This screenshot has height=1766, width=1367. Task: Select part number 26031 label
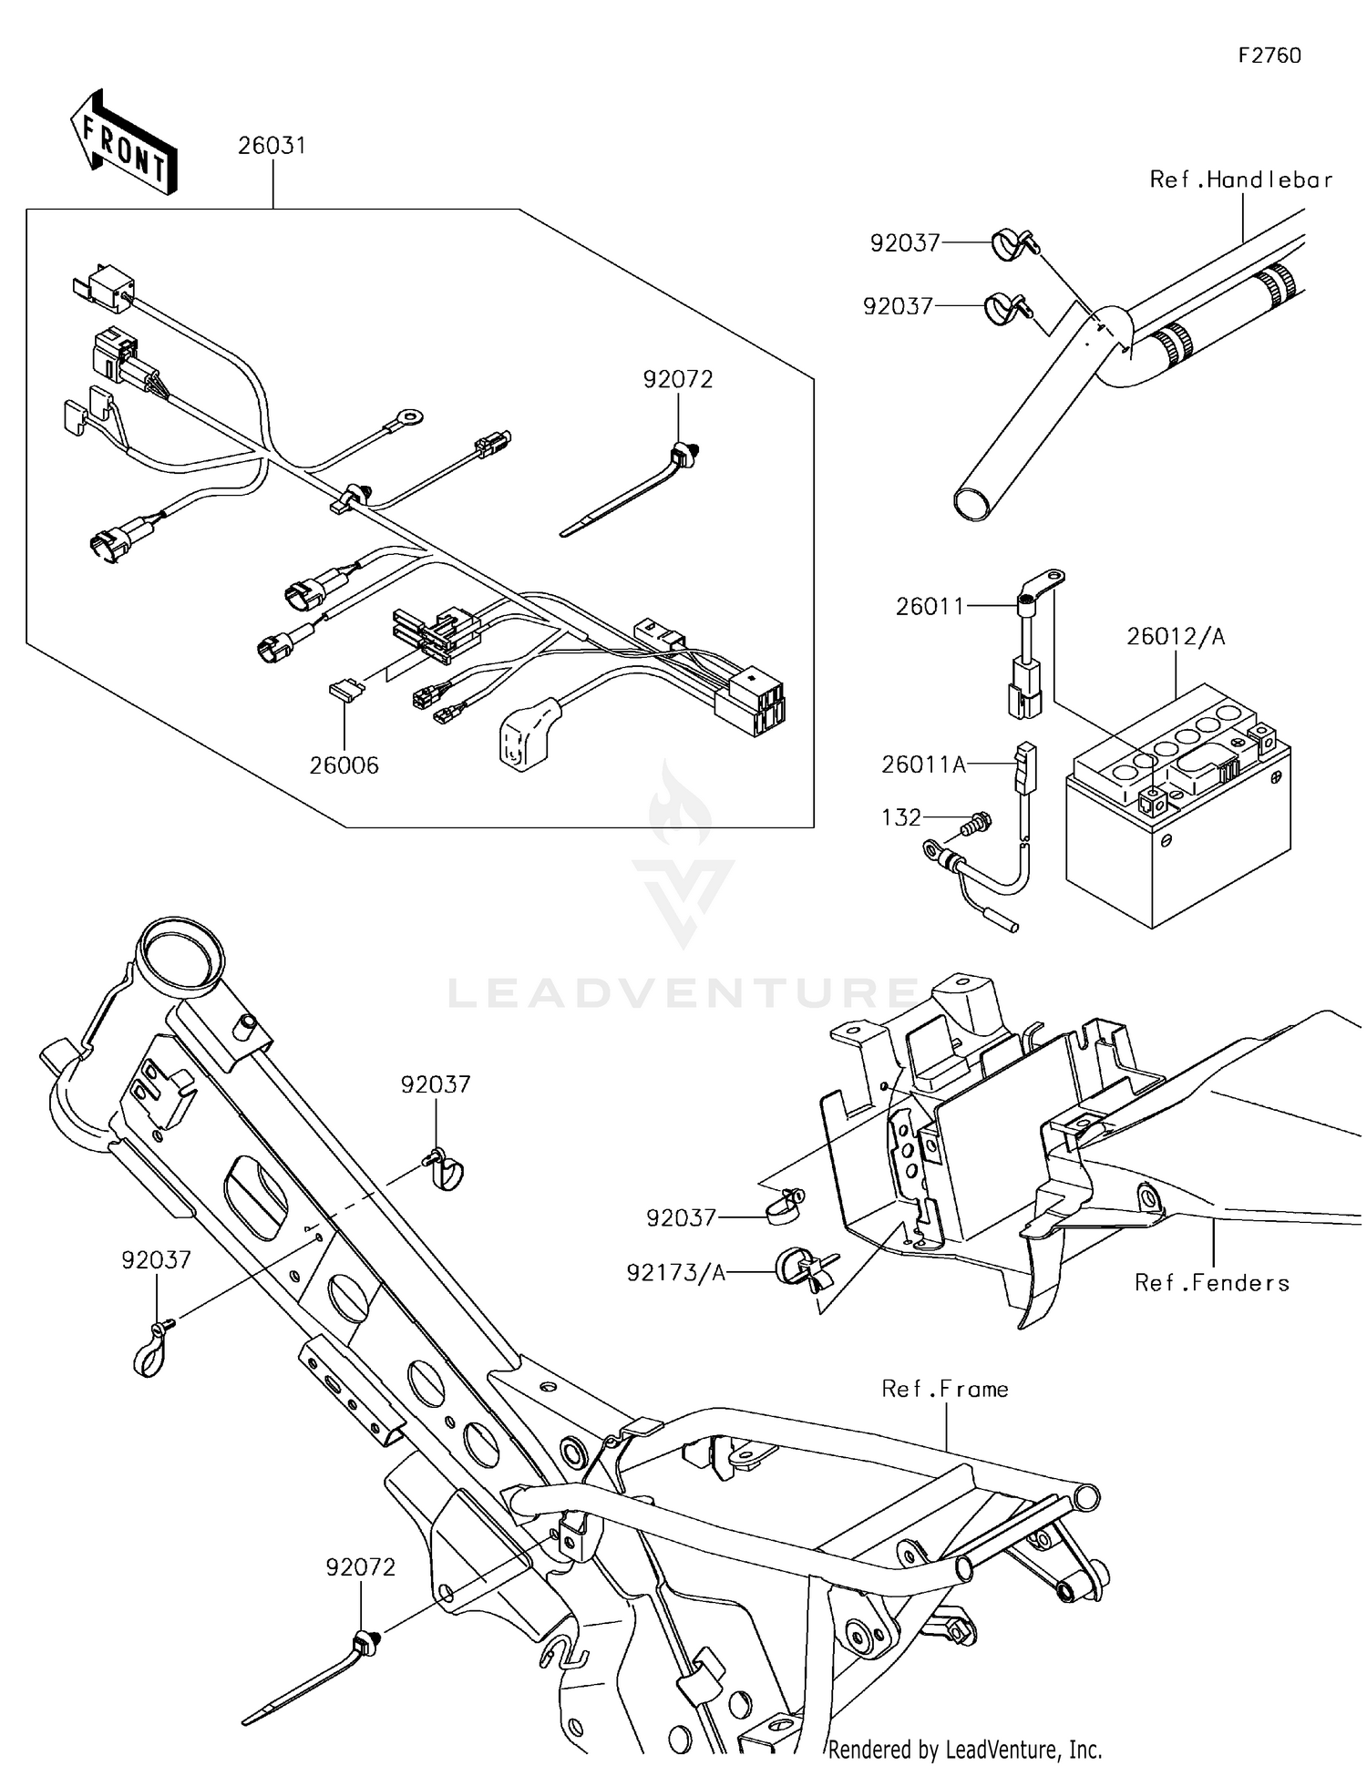point(272,146)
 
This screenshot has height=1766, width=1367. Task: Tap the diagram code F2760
point(1269,56)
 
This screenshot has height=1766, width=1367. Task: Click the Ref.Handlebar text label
point(1240,180)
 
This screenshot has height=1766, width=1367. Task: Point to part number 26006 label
point(344,765)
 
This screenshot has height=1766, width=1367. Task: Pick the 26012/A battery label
point(1176,637)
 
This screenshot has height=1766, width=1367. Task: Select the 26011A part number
point(923,765)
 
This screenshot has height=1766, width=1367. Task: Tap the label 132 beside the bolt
point(901,817)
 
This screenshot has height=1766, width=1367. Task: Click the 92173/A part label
point(676,1273)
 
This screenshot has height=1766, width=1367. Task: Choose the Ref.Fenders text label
point(1212,1283)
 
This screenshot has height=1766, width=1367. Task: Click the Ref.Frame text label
point(945,1389)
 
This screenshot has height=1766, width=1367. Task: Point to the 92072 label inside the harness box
point(678,379)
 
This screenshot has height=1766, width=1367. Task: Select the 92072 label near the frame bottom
point(361,1567)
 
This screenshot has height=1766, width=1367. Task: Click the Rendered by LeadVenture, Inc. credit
point(965,1749)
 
